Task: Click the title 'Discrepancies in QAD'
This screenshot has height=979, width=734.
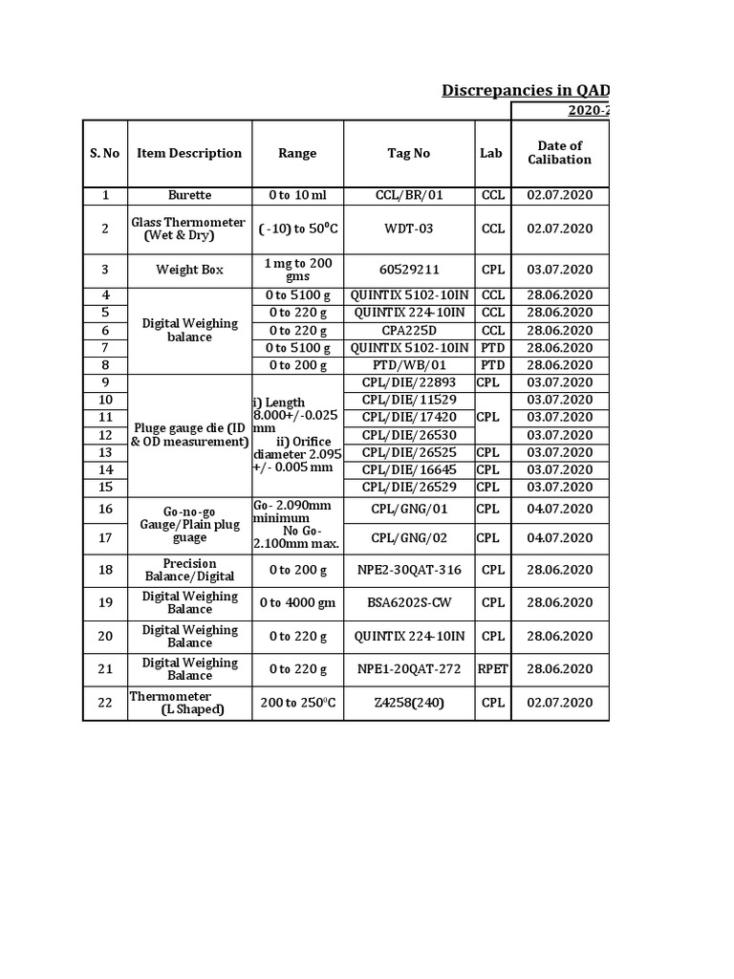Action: point(525,90)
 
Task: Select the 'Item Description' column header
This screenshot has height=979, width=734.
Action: point(189,153)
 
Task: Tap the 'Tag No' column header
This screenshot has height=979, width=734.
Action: point(408,153)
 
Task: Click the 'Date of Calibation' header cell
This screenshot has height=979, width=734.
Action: point(559,153)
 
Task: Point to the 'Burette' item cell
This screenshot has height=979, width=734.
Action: point(189,195)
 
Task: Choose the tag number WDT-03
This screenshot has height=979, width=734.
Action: point(408,228)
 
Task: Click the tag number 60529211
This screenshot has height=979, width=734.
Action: point(408,270)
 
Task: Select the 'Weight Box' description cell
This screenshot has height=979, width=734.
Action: point(189,270)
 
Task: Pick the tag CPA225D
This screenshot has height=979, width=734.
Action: point(408,330)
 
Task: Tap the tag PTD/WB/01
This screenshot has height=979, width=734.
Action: point(408,365)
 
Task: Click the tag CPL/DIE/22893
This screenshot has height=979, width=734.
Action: point(408,382)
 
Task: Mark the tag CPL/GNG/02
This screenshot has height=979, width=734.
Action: point(408,538)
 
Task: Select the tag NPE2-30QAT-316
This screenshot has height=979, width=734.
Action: point(408,570)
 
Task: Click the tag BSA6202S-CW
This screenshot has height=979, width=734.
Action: point(408,602)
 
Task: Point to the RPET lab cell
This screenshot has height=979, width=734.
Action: point(492,669)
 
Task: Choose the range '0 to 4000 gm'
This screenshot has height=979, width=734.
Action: point(297,602)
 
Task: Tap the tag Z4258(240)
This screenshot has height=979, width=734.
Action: point(408,703)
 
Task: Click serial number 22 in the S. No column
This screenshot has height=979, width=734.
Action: point(105,703)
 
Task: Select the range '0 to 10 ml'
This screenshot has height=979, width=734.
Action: point(297,195)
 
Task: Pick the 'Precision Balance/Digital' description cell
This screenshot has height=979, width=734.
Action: point(189,570)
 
